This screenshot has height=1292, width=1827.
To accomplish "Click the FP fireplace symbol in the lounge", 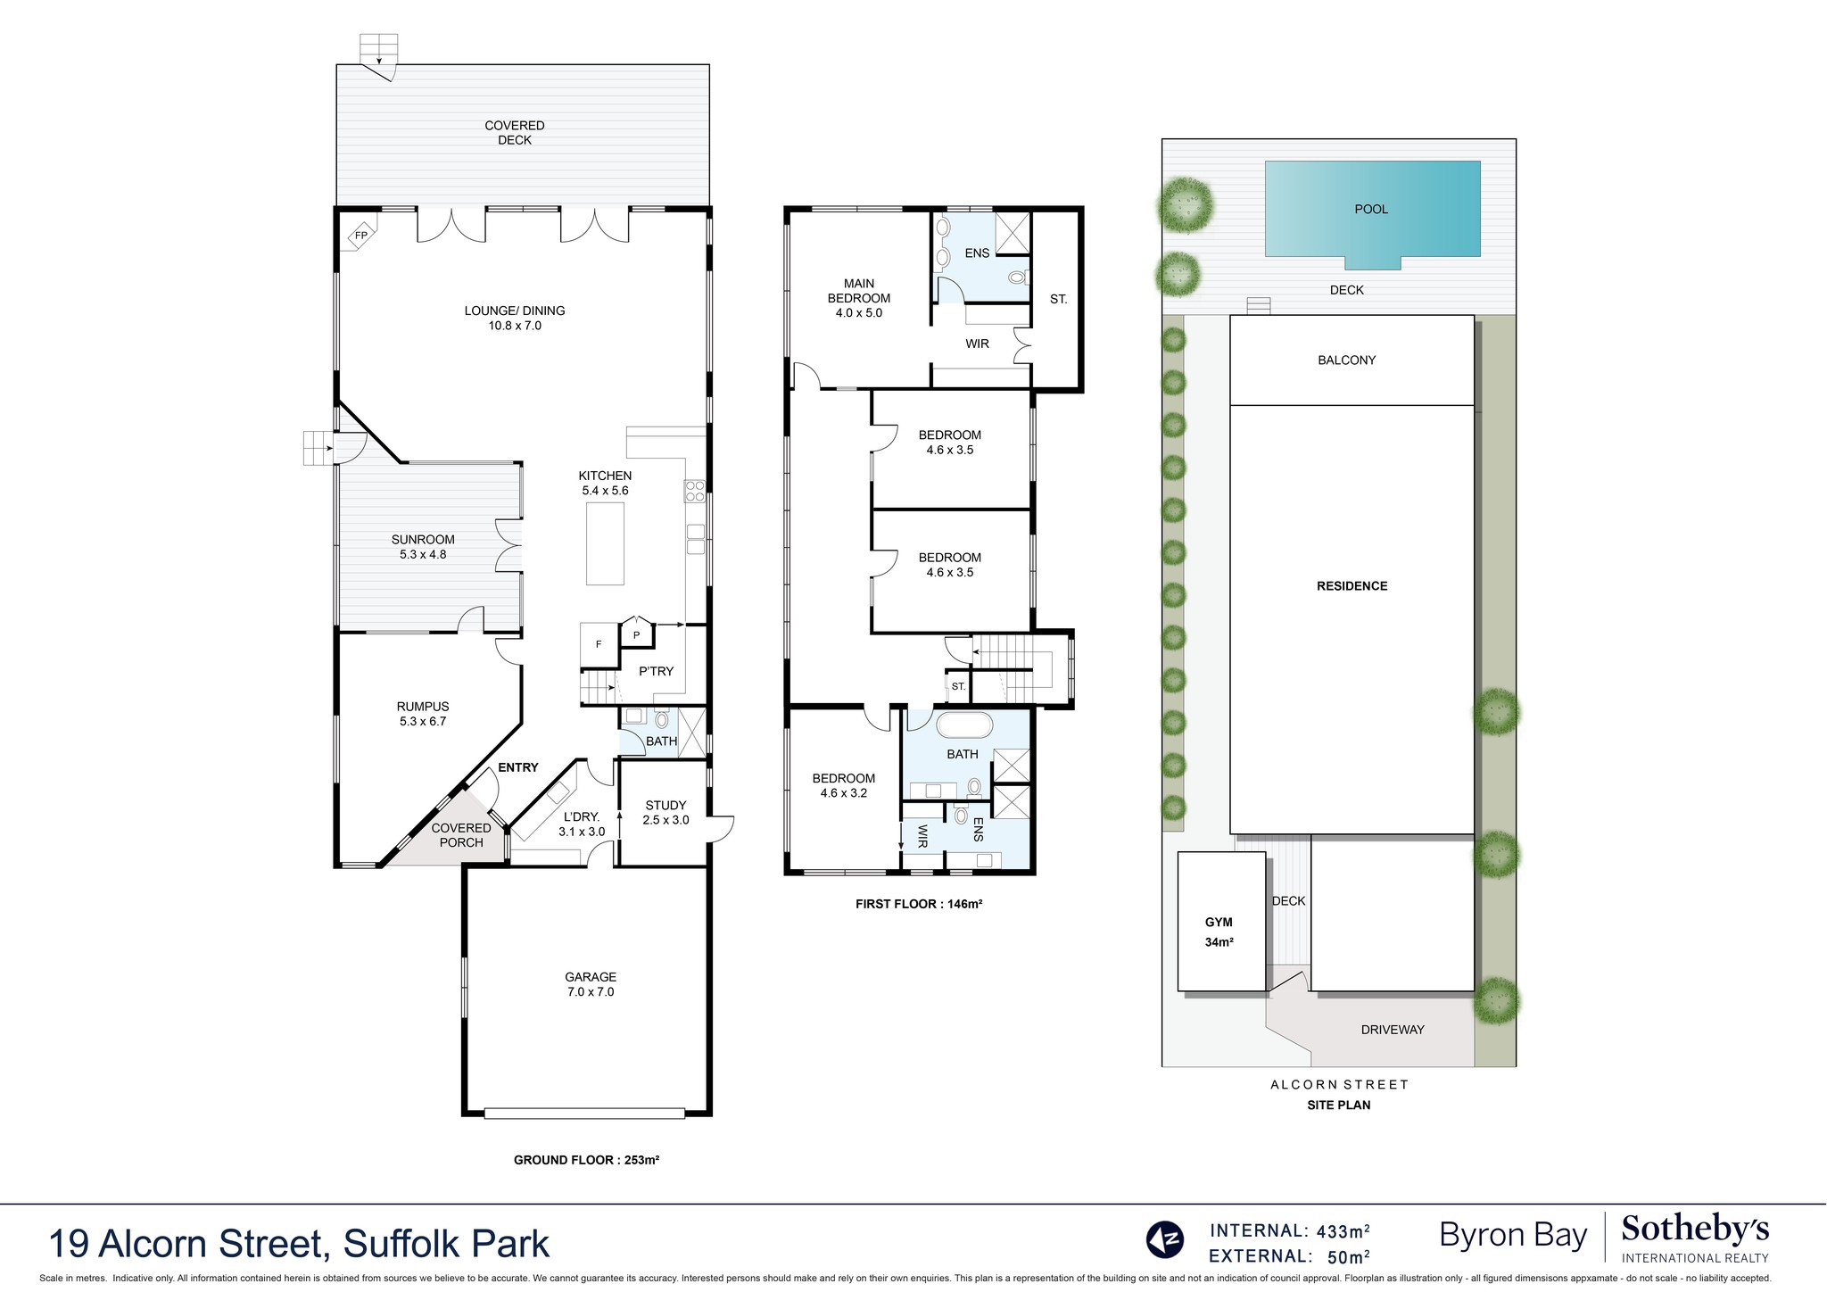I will click(361, 236).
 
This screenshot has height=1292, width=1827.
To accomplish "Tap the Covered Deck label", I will click(515, 133).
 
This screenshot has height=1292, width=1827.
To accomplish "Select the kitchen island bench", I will click(605, 543).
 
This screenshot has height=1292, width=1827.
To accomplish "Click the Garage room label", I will click(590, 984).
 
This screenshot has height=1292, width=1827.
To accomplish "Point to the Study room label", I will click(665, 812).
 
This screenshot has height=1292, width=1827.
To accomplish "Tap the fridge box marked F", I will click(599, 644).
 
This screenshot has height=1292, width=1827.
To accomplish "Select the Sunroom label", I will click(423, 546).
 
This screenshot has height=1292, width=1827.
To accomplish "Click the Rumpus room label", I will click(423, 714).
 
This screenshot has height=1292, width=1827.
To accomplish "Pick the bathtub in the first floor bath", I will click(963, 725).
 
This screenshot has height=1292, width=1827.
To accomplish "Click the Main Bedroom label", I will click(858, 298).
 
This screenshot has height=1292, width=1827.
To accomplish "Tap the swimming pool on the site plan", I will click(1372, 211).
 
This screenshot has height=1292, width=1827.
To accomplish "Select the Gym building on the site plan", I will click(1220, 922).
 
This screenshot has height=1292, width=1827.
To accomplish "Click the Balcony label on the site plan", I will click(1346, 360).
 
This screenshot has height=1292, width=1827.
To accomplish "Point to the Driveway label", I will click(1393, 1030).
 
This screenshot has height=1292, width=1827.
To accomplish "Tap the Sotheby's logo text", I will click(1694, 1230).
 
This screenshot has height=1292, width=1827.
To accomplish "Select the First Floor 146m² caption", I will click(918, 904).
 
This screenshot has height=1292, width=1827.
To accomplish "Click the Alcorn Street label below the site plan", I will click(1339, 1085).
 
